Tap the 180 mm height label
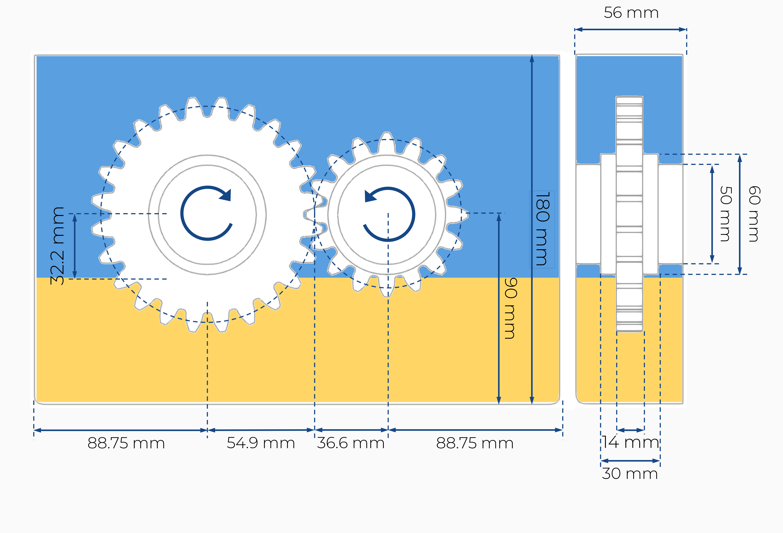tap(542, 229)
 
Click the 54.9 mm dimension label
tap(261, 443)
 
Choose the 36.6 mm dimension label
tap(351, 443)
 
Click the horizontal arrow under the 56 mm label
tap(630, 30)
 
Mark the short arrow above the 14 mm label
tap(630, 430)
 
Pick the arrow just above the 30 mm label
tap(630, 461)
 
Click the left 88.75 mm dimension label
tap(126, 443)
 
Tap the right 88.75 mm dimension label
tap(475, 443)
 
